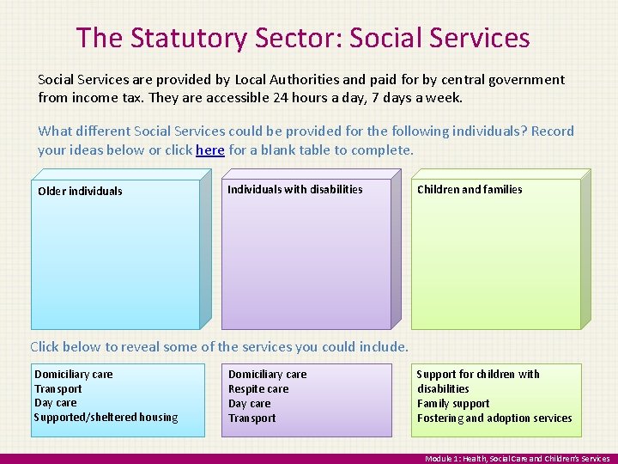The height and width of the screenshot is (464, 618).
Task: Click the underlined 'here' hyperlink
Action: [x=210, y=150]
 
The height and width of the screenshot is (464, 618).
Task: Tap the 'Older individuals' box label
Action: [x=80, y=192]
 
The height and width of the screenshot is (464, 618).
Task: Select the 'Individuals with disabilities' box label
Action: [x=294, y=190]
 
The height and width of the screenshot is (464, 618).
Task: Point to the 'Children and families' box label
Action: [x=469, y=190]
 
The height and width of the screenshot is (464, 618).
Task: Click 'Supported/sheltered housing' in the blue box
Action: [x=106, y=418]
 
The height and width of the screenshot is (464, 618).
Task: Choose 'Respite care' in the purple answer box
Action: [x=258, y=389]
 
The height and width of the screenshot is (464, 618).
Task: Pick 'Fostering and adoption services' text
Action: [x=494, y=418]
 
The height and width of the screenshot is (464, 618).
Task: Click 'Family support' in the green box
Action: [x=453, y=404]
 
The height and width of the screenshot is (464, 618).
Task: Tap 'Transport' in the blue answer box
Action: [x=58, y=388]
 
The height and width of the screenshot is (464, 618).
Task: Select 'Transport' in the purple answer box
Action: [x=252, y=418]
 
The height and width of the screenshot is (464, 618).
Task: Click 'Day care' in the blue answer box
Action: [x=56, y=403]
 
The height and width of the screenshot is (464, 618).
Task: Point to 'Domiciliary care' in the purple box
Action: [x=267, y=375]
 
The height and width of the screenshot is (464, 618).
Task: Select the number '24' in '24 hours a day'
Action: [x=281, y=98]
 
